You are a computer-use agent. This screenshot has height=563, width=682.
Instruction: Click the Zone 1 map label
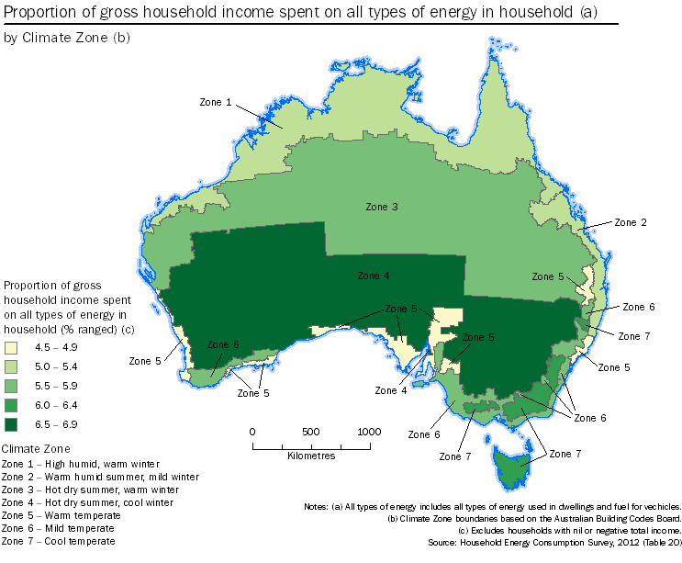pyautogui.click(x=216, y=102)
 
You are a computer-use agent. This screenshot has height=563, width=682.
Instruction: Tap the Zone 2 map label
pyautogui.click(x=631, y=222)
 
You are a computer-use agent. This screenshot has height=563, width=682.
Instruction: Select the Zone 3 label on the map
pyautogui.click(x=381, y=207)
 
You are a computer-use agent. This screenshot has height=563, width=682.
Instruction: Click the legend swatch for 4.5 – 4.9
pyautogui.click(x=11, y=348)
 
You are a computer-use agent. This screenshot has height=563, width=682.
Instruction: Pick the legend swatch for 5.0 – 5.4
pyautogui.click(x=11, y=367)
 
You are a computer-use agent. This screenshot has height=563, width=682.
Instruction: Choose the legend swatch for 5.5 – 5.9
pyautogui.click(x=11, y=386)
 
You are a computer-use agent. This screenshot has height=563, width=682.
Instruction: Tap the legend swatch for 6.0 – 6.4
pyautogui.click(x=11, y=405)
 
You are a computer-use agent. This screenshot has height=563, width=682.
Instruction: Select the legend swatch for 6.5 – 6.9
pyautogui.click(x=11, y=424)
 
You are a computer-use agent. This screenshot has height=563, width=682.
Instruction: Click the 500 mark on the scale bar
pyautogui.click(x=311, y=432)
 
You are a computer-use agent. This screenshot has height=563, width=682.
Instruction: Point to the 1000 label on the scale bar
pyautogui.click(x=369, y=432)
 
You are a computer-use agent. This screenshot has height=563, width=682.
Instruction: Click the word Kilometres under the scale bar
pyautogui.click(x=311, y=455)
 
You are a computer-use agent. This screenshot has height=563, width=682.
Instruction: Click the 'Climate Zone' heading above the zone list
pyautogui.click(x=37, y=448)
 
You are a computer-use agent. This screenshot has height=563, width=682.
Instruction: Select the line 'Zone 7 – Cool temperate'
pyautogui.click(x=59, y=542)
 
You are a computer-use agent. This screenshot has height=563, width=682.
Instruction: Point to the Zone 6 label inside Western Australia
pyautogui.click(x=223, y=344)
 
